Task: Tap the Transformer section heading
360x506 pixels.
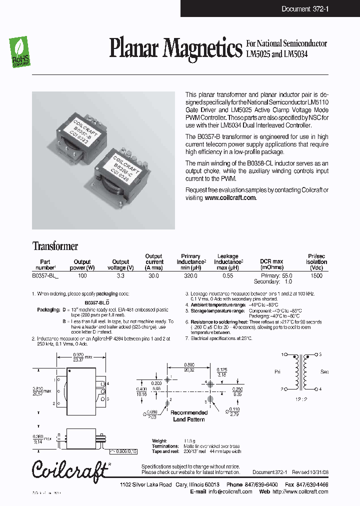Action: (x=55, y=246)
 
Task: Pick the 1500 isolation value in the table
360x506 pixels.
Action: (x=316, y=275)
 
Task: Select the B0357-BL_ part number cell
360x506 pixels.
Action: (x=45, y=275)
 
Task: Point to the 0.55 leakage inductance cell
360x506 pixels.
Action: (x=228, y=275)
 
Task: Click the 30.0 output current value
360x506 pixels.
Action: (x=154, y=275)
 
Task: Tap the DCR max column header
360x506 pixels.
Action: (x=271, y=261)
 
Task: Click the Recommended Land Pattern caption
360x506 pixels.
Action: (x=189, y=416)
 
